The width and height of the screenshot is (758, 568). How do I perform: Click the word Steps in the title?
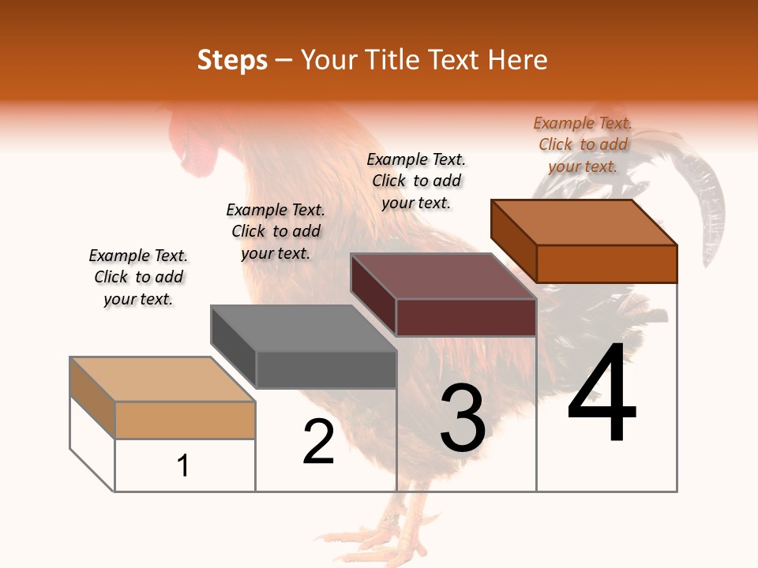[232, 60]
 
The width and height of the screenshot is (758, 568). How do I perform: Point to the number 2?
[318, 442]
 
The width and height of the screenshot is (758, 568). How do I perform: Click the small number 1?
[183, 465]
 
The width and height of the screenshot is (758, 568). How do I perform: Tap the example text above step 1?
[138, 277]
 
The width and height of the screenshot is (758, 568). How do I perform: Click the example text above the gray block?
[276, 231]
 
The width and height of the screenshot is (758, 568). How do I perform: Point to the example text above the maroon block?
[416, 181]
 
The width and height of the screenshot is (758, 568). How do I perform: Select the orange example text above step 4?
[583, 144]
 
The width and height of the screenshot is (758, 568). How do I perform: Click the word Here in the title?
[518, 60]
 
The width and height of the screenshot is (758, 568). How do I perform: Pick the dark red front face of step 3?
[466, 318]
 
